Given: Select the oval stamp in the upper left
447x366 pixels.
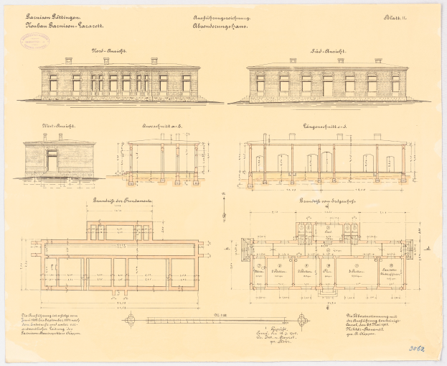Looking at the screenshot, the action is point(34,40).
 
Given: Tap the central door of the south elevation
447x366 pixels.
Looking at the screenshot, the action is point(328,86).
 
